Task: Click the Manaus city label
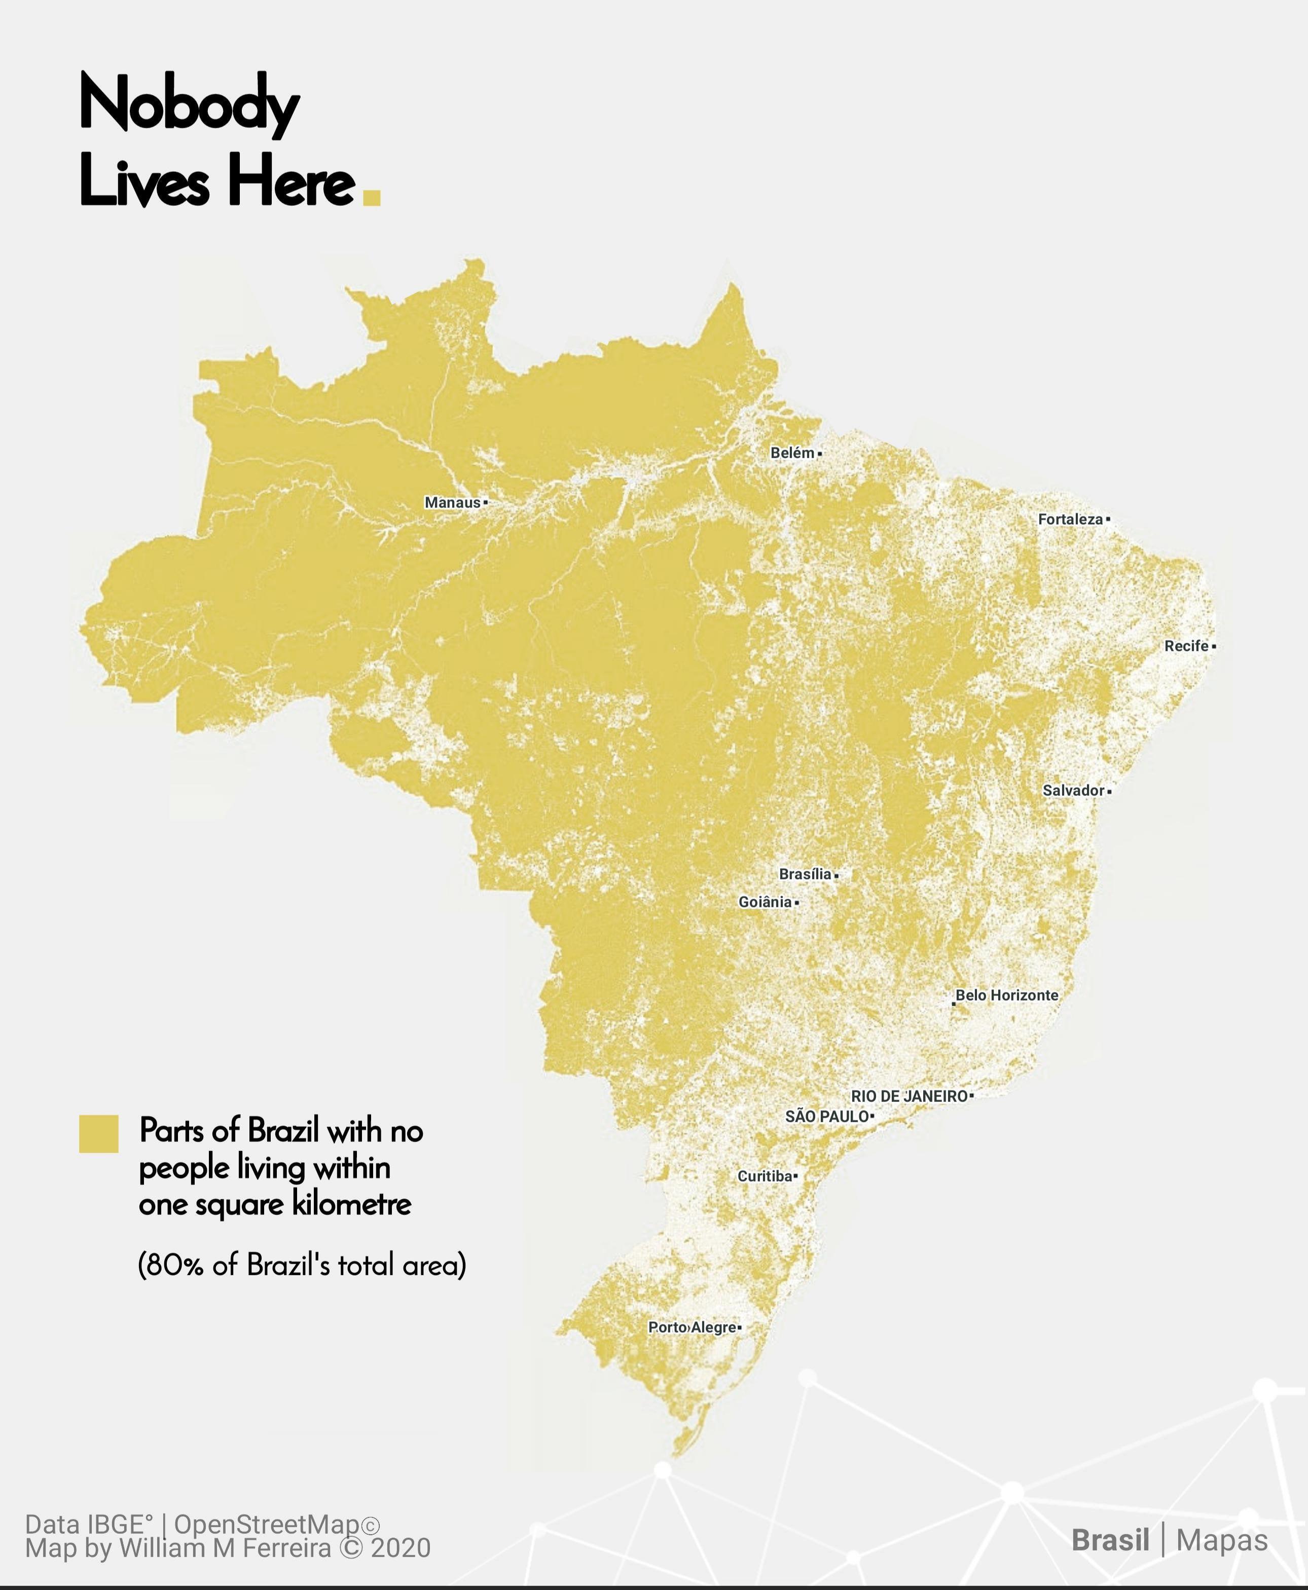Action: pos(452,502)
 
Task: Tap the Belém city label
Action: pos(792,453)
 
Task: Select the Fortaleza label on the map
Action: pos(1070,519)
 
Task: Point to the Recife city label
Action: pos(1186,646)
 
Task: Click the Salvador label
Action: pos(1073,790)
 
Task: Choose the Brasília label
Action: pos(805,874)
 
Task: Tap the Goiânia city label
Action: pos(765,902)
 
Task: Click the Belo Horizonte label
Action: pos(1007,995)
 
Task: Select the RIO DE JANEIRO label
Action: pos(909,1096)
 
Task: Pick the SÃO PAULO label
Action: pos(826,1116)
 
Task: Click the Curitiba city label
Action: pos(765,1176)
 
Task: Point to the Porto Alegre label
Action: pos(692,1327)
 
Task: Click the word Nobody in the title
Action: pos(189,105)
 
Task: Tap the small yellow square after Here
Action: pos(372,197)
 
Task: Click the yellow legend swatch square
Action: pos(99,1133)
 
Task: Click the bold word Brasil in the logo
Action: pos(1110,1540)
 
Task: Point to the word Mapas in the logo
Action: pos(1221,1540)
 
